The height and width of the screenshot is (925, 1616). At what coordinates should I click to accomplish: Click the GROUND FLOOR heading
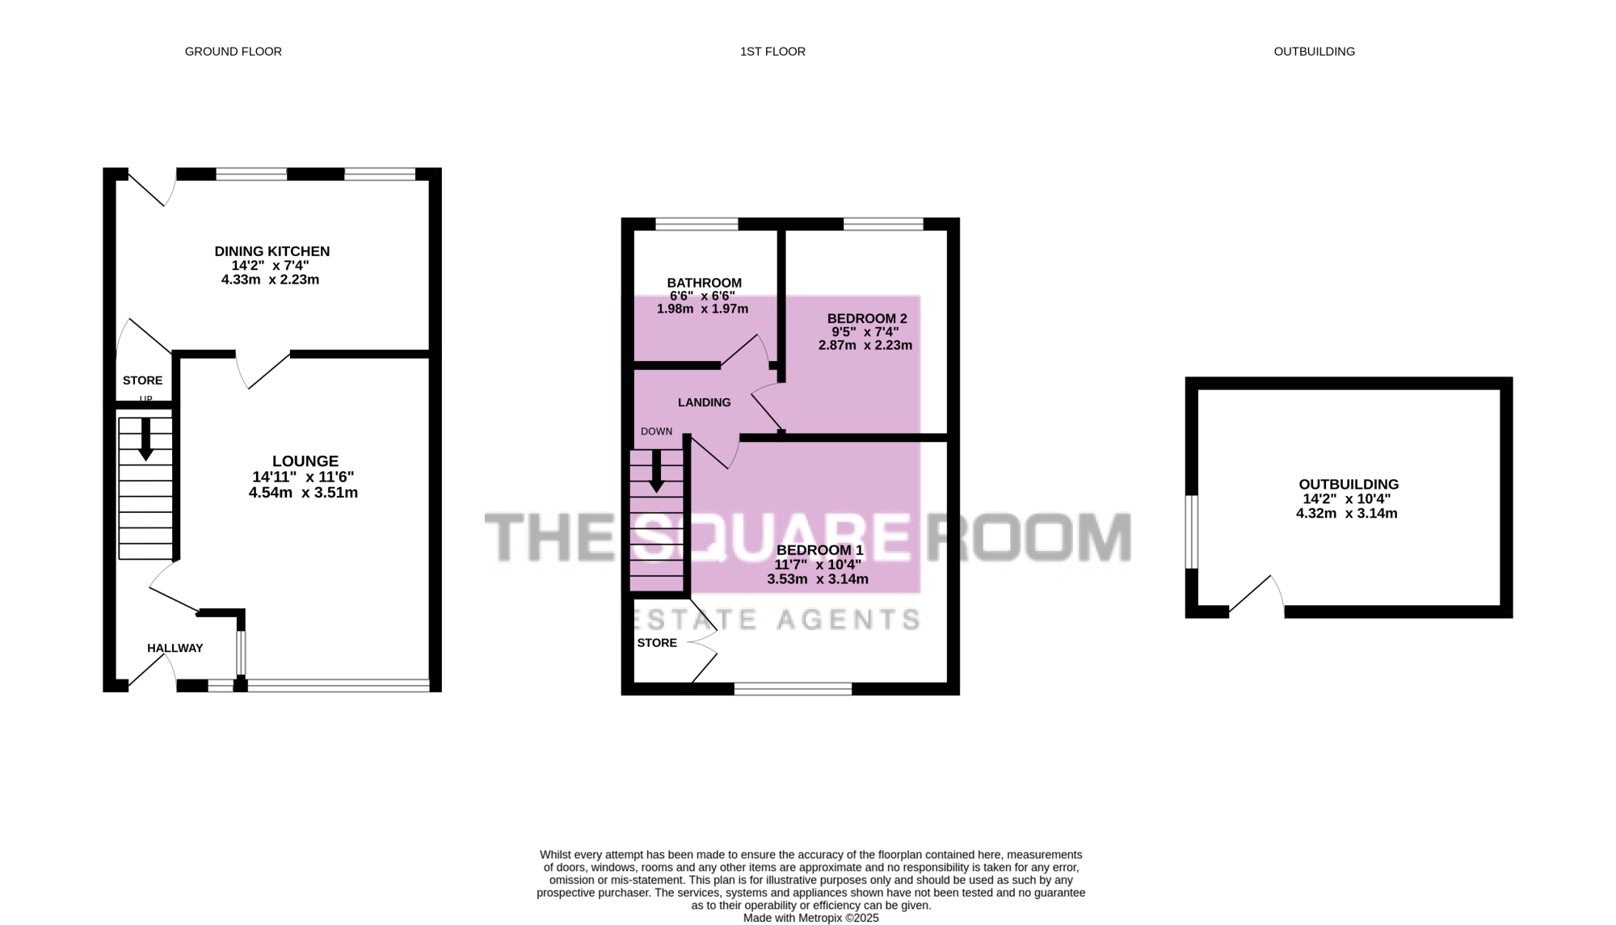pyautogui.click(x=234, y=52)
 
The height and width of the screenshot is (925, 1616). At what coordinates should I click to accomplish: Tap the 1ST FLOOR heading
pyautogui.click(x=772, y=52)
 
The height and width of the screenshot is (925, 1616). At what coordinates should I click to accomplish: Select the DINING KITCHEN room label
pyautogui.click(x=272, y=251)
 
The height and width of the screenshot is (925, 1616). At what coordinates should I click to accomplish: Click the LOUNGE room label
pyautogui.click(x=305, y=461)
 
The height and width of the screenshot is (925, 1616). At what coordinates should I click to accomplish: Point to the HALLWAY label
pyautogui.click(x=175, y=648)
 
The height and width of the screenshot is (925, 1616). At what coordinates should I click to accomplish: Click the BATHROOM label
pyautogui.click(x=705, y=283)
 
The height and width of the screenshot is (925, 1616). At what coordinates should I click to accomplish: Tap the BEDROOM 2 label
pyautogui.click(x=867, y=319)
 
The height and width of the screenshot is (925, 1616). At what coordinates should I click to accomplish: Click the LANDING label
pyautogui.click(x=705, y=402)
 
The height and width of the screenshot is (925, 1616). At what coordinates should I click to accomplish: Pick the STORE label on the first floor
pyautogui.click(x=657, y=643)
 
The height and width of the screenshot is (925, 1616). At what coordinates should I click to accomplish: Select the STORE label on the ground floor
pyautogui.click(x=142, y=381)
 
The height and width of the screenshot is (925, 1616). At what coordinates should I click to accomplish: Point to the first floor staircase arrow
pyautogui.click(x=656, y=471)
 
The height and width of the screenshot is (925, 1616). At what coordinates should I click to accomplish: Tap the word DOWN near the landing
pyautogui.click(x=657, y=431)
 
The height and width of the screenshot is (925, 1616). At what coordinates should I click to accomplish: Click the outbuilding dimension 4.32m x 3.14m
pyautogui.click(x=1347, y=514)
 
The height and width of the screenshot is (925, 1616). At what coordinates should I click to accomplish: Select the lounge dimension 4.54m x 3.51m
pyautogui.click(x=303, y=493)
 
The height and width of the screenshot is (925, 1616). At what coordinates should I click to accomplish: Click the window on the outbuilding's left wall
pyautogui.click(x=1192, y=532)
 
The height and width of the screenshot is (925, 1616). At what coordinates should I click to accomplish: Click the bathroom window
pyautogui.click(x=696, y=224)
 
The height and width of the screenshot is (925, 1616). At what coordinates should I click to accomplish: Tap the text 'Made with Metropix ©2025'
pyautogui.click(x=810, y=919)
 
